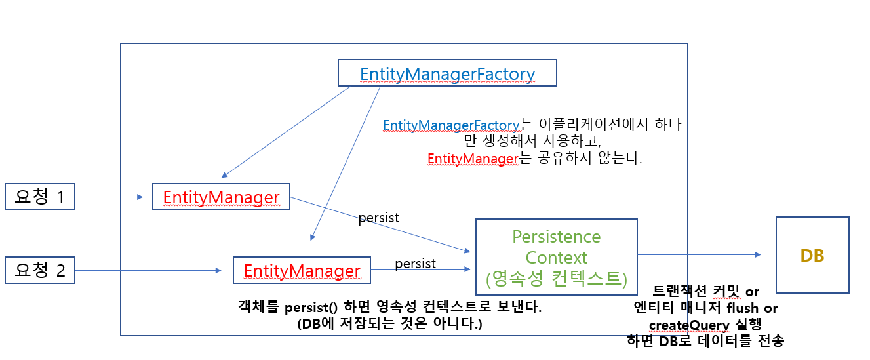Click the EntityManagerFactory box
pyautogui.click(x=446, y=73)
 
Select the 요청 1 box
pyautogui.click(x=39, y=197)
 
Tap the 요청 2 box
pyautogui.click(x=39, y=270)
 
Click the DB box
pyautogui.click(x=812, y=255)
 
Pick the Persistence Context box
pyautogui.click(x=556, y=257)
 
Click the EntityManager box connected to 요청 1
pyautogui.click(x=221, y=197)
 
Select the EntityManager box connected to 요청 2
pyautogui.click(x=302, y=270)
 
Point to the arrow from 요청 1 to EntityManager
pyautogui.click(x=109, y=197)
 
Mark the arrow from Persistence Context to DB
pyautogui.click(x=699, y=255)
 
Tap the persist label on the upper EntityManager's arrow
pyautogui.click(x=379, y=218)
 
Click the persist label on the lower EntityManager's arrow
pyautogui.click(x=415, y=263)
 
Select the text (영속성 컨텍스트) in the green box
pyautogui.click(x=556, y=279)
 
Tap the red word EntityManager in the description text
pyautogui.click(x=473, y=159)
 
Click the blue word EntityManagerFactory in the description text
pyautogui.click(x=450, y=125)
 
